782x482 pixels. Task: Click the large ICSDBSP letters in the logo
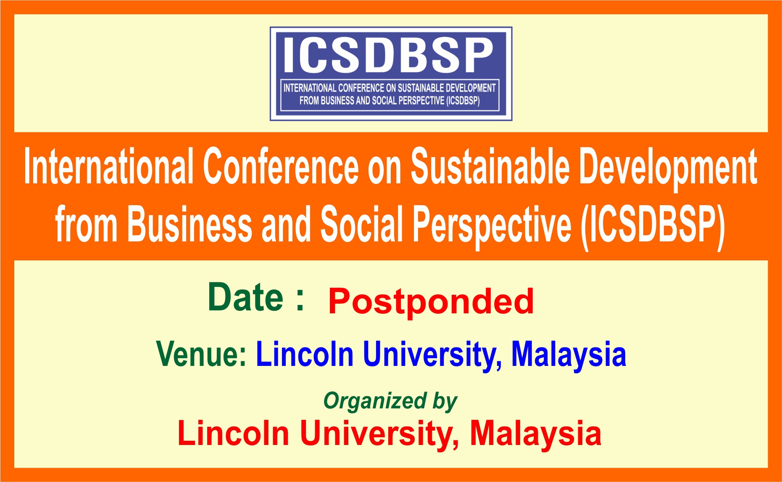pyautogui.click(x=389, y=55)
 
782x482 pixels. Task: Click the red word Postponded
pyautogui.click(x=431, y=301)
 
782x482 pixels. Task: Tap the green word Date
pyautogui.click(x=246, y=298)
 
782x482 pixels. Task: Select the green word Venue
pyautogui.click(x=201, y=354)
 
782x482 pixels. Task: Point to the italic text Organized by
pyautogui.click(x=390, y=401)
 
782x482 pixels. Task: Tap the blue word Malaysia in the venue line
pyautogui.click(x=568, y=355)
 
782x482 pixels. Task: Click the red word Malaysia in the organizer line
pyautogui.click(x=535, y=433)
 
